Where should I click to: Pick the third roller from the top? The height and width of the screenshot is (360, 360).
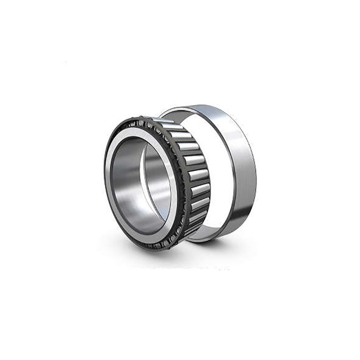click(x=188, y=146)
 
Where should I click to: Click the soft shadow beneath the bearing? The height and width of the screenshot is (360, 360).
click(x=180, y=259)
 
